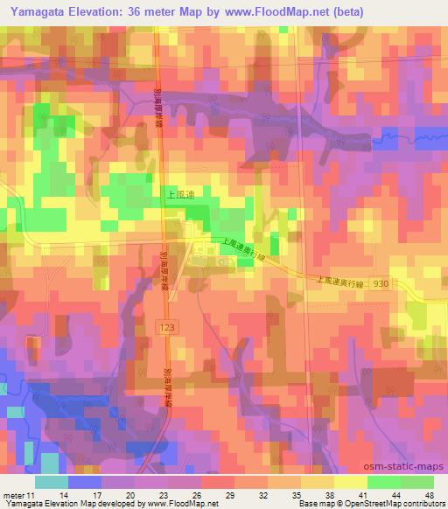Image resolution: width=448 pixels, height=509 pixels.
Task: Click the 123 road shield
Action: coord(170,324)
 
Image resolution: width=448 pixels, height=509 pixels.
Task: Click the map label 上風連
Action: coord(178,199)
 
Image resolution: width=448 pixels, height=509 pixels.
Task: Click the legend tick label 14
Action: coord(64,496)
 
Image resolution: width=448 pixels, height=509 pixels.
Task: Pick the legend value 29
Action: coord(229,496)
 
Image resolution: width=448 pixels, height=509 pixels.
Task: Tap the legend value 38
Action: coord(328,496)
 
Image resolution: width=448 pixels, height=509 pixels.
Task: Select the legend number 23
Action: coord(164,496)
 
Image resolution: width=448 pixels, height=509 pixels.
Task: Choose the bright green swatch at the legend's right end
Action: coord(416,482)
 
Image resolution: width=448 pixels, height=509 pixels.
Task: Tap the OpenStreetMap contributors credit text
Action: coord(399,505)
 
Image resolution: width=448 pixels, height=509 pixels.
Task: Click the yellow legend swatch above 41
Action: coord(349,482)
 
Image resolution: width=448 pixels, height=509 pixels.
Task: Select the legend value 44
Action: coord(395,496)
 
